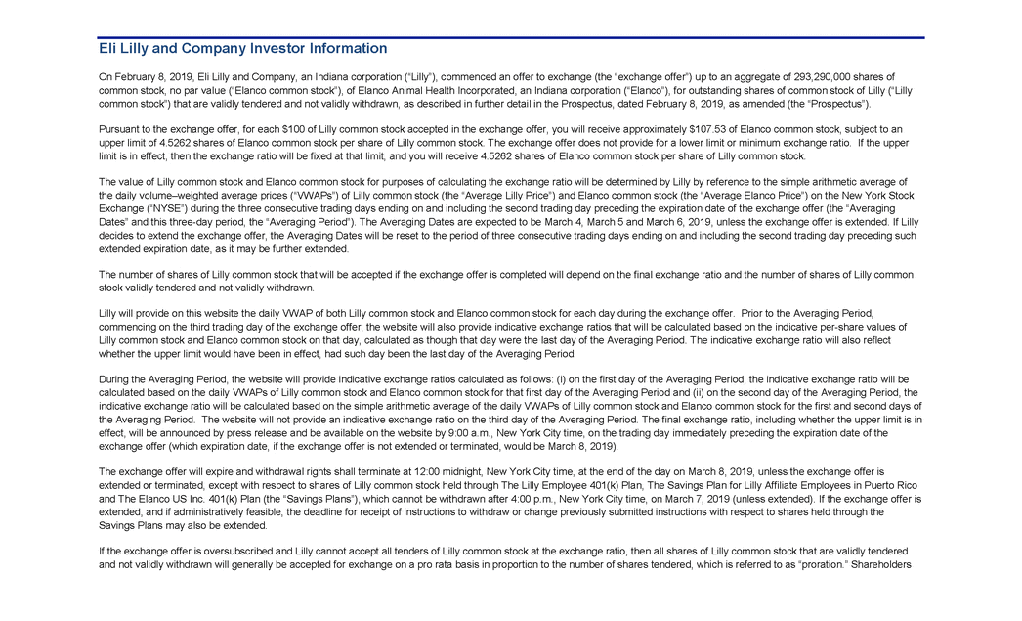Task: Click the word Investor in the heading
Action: tap(277, 48)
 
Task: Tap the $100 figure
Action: tap(294, 129)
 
